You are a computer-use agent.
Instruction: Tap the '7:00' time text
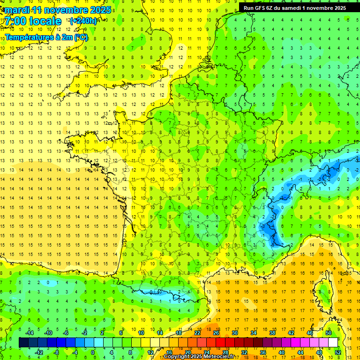tap(17, 21)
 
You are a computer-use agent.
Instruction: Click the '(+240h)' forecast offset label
tap(83, 21)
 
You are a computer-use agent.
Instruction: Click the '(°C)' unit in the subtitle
tap(81, 37)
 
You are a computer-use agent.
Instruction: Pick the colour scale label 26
tap(216, 333)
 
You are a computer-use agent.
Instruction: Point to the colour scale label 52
tap(337, 352)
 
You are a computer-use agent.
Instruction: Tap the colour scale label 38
tap(272, 333)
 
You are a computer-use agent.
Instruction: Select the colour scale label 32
tap(244, 352)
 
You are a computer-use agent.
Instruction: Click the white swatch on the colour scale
tap(333, 342)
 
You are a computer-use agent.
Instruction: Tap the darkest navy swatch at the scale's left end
tap(23, 342)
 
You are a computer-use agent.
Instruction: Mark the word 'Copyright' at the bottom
tap(176, 357)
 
